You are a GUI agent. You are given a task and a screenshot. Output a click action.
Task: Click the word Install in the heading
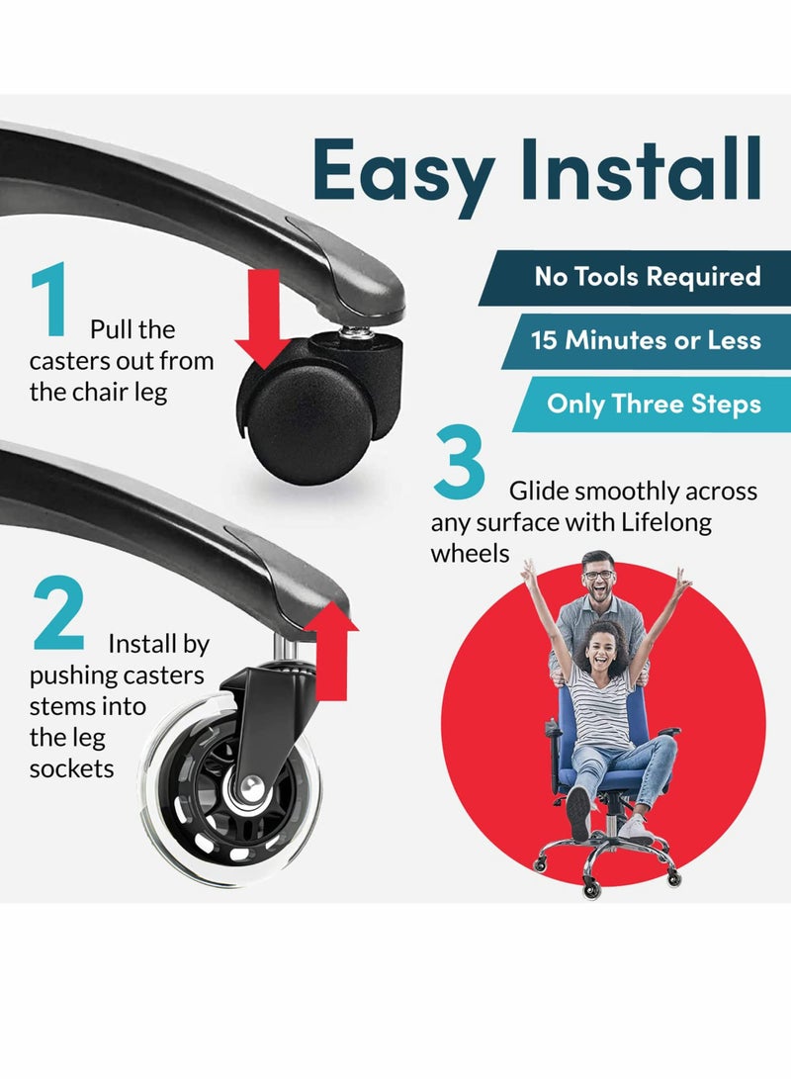point(641,168)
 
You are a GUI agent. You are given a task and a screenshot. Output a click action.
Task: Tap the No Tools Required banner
point(635,277)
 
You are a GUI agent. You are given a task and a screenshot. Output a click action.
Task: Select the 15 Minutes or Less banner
point(647,340)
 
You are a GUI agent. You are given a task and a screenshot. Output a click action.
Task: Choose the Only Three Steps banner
point(652,404)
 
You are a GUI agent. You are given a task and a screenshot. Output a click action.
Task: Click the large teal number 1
point(50,300)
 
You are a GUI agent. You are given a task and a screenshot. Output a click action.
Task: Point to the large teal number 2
point(58,613)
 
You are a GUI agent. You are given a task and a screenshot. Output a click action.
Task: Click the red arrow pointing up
point(331,651)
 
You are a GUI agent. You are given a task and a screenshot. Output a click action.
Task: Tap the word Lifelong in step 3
point(666,522)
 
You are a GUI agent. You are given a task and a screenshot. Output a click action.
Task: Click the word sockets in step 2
point(71,768)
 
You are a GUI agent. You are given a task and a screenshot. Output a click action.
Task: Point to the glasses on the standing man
point(598,575)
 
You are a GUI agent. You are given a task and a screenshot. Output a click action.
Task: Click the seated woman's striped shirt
point(600,707)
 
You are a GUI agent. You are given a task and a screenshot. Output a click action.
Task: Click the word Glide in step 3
point(539,492)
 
